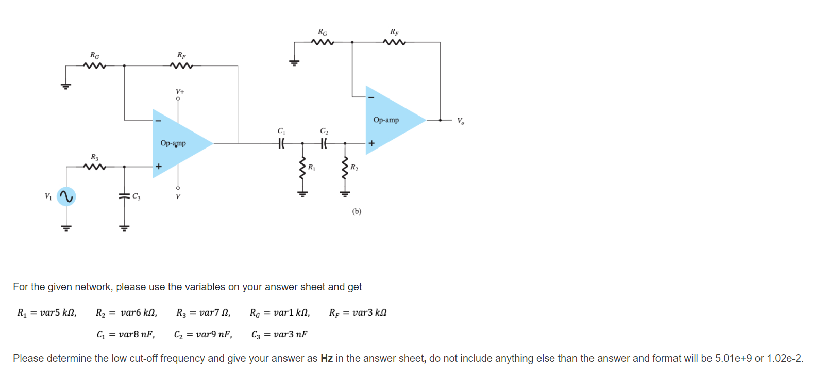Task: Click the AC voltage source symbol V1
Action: (66, 196)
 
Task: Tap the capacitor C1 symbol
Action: (281, 143)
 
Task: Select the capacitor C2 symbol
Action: (324, 143)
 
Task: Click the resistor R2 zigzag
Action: (345, 168)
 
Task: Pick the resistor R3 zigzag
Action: (94, 167)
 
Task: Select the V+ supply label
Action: (180, 91)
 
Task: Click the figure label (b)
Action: (357, 211)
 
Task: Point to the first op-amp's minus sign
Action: (159, 121)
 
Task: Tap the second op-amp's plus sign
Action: (371, 143)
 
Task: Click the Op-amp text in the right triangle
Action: (386, 120)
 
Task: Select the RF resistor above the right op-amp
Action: (395, 42)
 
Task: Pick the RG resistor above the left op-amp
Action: (94, 65)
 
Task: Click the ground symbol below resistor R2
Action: (345, 194)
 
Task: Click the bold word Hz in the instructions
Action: (327, 358)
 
